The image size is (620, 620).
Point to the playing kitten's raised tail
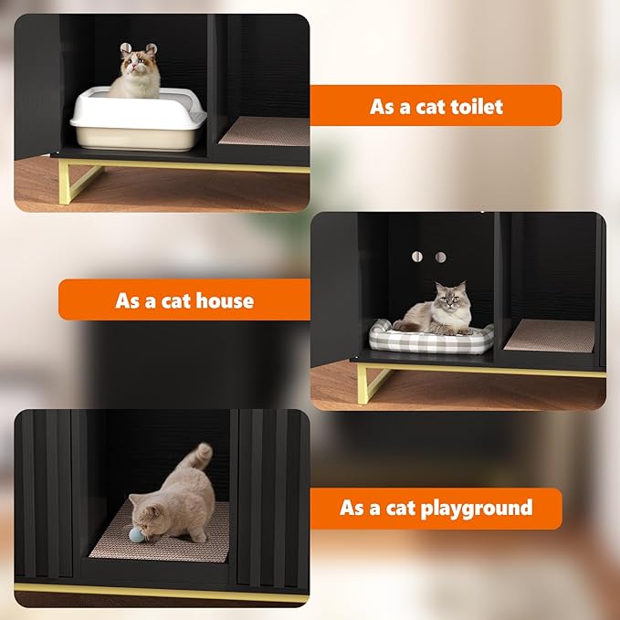click(198, 457)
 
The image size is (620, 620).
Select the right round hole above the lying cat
click(441, 257)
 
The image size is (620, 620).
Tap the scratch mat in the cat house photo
click(550, 335)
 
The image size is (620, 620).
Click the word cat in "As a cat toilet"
click(433, 106)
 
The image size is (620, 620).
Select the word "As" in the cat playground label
click(352, 508)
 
